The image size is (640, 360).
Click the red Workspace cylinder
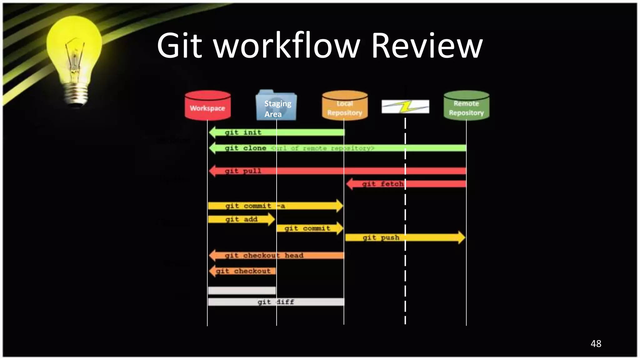tap(207, 106)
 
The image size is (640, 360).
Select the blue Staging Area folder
tap(276, 106)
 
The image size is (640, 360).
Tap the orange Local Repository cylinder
tap(345, 106)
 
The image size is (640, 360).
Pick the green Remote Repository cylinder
tap(466, 106)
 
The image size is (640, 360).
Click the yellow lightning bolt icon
tap(406, 107)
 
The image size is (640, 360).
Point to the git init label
tap(243, 132)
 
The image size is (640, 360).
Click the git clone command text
tap(246, 148)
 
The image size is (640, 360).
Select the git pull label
tap(243, 171)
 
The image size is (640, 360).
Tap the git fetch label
tap(382, 184)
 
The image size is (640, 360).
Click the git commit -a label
tap(255, 206)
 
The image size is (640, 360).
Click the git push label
tap(381, 237)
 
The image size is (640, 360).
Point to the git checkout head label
tap(264, 255)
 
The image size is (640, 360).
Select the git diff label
tap(276, 302)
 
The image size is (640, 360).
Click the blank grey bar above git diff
tap(242, 291)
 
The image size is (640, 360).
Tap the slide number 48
tap(596, 343)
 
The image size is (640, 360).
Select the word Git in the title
tap(179, 46)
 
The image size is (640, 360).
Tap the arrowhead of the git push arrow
tap(461, 237)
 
